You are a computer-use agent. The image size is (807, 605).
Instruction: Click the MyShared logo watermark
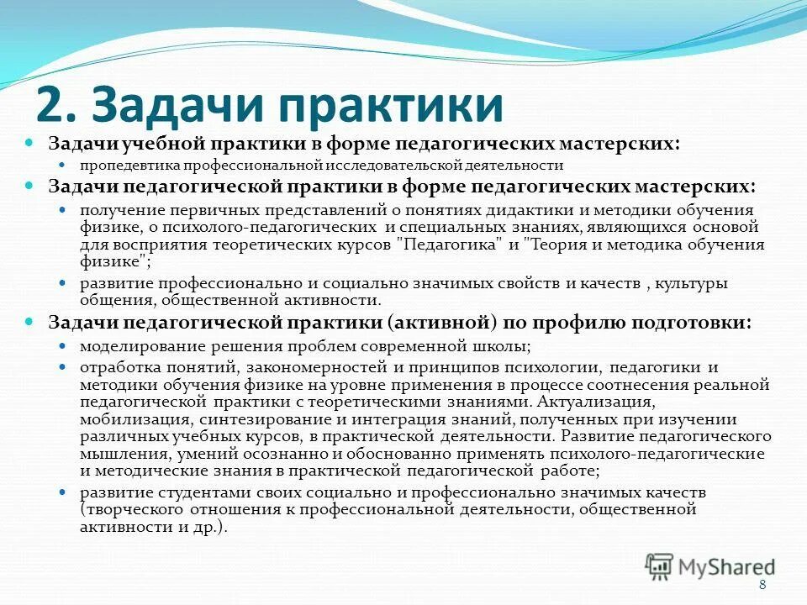tap(710, 566)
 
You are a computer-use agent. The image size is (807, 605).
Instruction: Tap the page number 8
tap(762, 586)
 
